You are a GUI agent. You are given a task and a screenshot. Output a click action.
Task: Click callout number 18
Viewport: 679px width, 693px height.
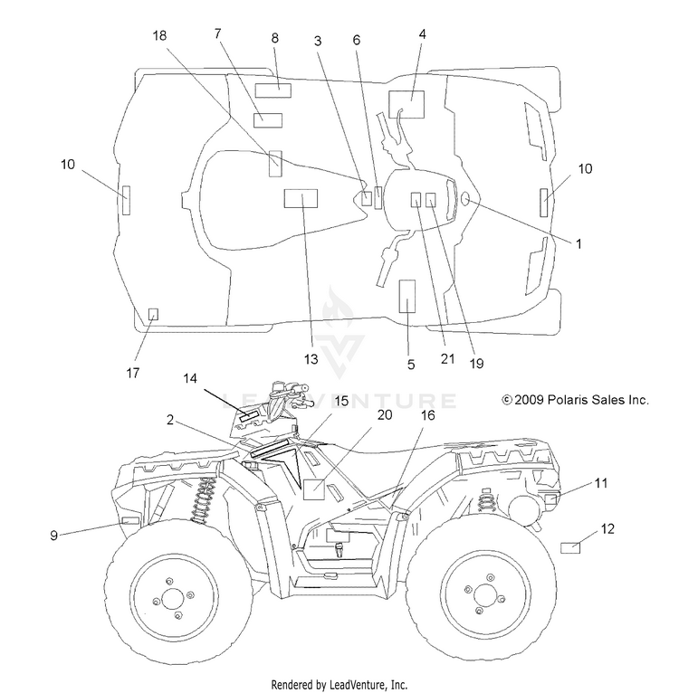[159, 35]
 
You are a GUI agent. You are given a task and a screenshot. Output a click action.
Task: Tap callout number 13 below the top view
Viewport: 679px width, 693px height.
[311, 359]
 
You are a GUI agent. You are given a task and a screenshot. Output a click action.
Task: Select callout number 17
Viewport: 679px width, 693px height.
[133, 373]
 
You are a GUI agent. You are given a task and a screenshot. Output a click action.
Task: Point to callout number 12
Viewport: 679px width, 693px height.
[607, 528]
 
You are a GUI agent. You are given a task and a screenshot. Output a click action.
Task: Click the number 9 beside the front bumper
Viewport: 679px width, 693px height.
[54, 536]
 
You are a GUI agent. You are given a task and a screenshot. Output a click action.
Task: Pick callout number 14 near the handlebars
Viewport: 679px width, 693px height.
[190, 379]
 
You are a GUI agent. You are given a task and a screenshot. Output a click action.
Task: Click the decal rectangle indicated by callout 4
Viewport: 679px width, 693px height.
[406, 104]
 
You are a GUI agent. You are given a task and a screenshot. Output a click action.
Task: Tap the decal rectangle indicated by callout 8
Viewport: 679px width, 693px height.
[273, 90]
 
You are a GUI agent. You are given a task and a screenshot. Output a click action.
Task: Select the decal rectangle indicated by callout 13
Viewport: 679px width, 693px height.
[301, 198]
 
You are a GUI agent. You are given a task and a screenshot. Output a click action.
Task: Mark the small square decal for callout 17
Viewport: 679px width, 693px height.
[153, 314]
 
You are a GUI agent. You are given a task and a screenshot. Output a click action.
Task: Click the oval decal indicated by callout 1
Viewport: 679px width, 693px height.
[465, 199]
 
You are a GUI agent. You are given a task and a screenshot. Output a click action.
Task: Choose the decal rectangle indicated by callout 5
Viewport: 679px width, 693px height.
[407, 296]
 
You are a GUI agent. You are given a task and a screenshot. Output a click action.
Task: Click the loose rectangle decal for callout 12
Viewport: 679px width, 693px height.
[570, 547]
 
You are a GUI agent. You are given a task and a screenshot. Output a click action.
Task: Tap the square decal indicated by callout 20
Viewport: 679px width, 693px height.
[313, 489]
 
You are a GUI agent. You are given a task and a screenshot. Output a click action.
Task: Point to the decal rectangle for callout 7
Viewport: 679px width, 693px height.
[268, 120]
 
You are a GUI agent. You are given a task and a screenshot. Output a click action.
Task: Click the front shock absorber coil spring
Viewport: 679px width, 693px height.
[202, 500]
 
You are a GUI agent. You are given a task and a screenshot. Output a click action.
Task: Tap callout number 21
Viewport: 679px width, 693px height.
[447, 359]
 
